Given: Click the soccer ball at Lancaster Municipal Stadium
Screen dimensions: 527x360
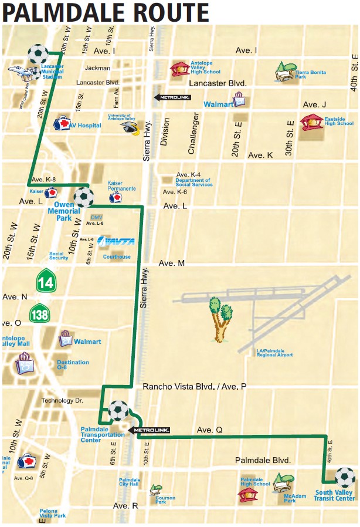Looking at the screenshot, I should (39, 55).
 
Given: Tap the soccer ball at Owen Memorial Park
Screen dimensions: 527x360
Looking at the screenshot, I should (84, 197).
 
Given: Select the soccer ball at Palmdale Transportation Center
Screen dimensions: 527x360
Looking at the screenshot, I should (118, 410).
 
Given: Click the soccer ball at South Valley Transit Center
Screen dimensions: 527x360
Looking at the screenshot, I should (345, 477).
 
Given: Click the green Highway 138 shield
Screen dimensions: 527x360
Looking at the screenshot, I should (40, 312).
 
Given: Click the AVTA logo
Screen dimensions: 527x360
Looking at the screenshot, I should (116, 241).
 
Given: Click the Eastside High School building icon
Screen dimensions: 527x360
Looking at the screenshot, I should (311, 122).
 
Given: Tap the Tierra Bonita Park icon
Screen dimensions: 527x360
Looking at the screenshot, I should (286, 72).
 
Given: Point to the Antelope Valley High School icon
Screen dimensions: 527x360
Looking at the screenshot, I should (180, 69).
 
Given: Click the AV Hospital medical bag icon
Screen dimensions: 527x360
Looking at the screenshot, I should (61, 124).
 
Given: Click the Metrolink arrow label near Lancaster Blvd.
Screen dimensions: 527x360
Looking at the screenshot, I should (172, 97).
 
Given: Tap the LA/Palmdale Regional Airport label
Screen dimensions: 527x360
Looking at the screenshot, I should (274, 353).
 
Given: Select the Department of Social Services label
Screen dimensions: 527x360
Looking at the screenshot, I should (194, 183).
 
